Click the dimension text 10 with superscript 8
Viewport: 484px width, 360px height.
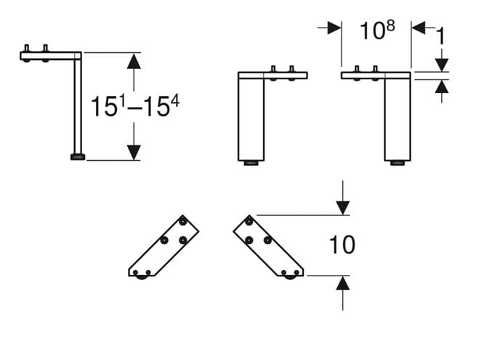point(377,30)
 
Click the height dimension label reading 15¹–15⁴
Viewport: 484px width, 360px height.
point(135,106)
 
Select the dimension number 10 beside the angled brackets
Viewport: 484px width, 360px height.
point(342,245)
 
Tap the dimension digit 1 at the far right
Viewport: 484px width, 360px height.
point(441,36)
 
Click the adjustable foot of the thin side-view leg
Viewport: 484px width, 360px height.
point(78,157)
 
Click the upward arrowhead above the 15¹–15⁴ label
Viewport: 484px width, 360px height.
point(134,61)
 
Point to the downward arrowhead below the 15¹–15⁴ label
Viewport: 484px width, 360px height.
point(134,153)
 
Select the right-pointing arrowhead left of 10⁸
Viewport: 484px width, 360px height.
point(334,28)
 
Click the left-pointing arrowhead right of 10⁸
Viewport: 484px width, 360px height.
point(419,28)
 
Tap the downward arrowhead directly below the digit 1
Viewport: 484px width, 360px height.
point(442,65)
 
